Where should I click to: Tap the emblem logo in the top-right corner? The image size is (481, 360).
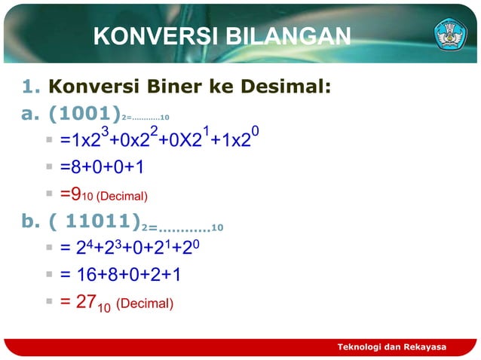point(450,34)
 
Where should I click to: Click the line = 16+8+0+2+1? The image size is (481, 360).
point(121,275)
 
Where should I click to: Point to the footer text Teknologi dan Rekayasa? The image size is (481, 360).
point(391,346)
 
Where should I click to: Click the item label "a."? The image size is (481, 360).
point(30,114)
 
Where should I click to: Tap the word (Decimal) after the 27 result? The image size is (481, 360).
point(145,304)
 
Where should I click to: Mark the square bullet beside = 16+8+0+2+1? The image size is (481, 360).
point(48,274)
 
